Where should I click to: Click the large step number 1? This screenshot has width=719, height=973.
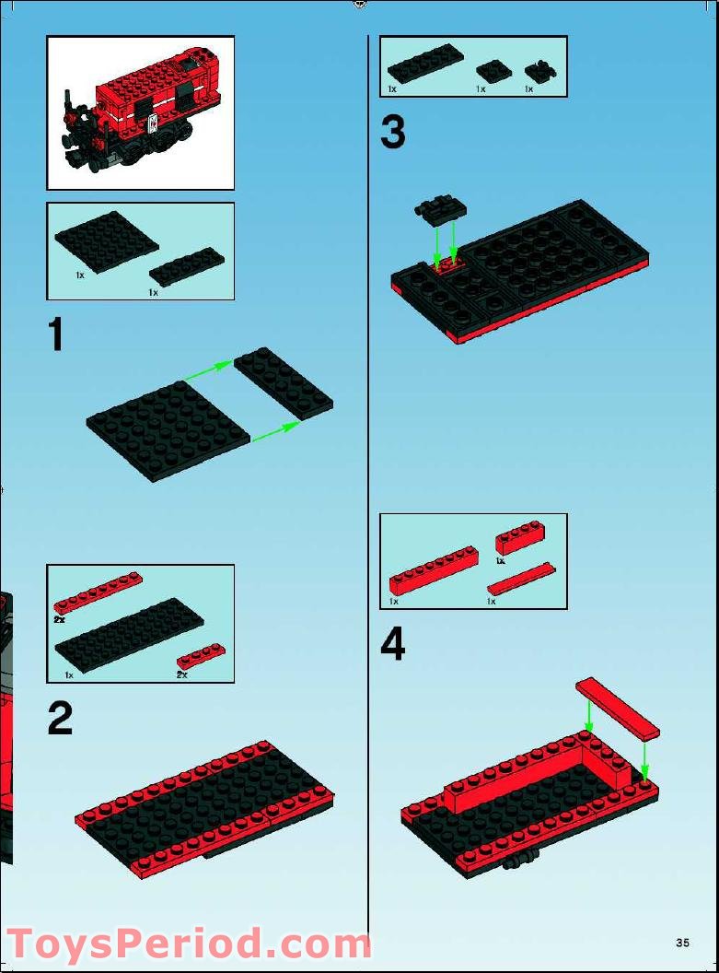click(56, 334)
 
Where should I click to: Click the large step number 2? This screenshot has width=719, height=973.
click(60, 719)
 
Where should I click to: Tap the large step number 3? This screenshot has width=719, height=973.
click(393, 134)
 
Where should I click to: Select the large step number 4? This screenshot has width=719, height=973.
click(393, 644)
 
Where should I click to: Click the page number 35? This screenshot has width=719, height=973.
click(682, 943)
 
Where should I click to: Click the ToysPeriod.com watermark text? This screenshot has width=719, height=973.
click(189, 945)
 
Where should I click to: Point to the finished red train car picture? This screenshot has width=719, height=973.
click(140, 112)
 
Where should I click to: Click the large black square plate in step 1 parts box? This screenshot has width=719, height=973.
click(106, 241)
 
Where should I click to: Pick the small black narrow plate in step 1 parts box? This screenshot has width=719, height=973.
click(187, 265)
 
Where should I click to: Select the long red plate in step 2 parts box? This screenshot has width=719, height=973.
click(98, 592)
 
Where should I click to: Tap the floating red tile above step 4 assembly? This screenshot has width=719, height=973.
click(618, 708)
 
